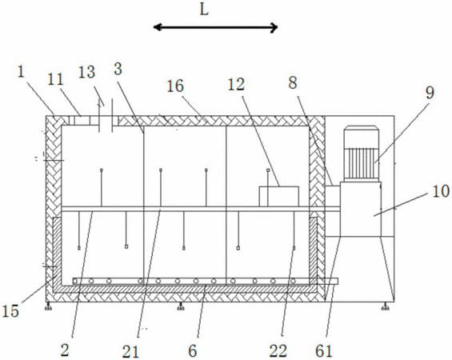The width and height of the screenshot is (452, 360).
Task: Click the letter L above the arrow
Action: coord(204,10)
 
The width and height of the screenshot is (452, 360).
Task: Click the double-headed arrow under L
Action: coord(215,28)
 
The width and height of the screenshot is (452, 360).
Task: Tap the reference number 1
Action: coord(21,71)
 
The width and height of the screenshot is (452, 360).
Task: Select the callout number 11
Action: coord(55,79)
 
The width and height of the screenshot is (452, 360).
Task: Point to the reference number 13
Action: coord(86,72)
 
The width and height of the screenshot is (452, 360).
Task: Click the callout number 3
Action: coord(118,69)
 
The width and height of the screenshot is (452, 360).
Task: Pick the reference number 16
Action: coord(175,86)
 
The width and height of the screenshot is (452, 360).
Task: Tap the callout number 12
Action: coord(236,85)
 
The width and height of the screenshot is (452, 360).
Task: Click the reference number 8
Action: coord(293,83)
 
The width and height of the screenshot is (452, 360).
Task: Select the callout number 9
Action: coord(430,93)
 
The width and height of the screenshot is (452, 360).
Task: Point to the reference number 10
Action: coord(441,191)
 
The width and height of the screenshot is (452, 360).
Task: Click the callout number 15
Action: coord(10,311)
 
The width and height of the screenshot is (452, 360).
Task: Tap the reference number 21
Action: coord(130,352)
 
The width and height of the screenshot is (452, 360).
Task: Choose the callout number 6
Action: coord(193,351)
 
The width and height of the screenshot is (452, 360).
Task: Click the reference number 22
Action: coord(278,351)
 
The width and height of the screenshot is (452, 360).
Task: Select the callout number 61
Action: coord(324,351)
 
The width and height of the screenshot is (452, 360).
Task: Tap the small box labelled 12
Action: coord(278,197)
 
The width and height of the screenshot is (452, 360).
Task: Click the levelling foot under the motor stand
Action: coord(385,306)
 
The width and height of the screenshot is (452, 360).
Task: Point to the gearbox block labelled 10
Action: coord(361,210)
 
